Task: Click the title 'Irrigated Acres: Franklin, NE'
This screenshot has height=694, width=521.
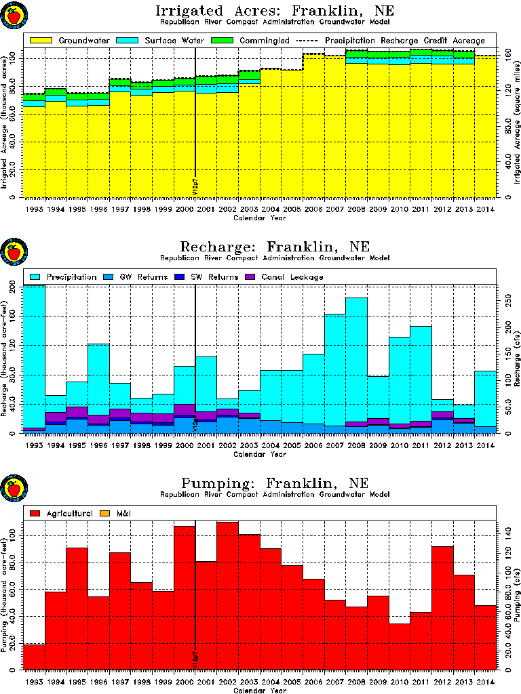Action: pyautogui.click(x=274, y=11)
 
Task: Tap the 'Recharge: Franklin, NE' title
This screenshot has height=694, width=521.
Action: pyautogui.click(x=274, y=247)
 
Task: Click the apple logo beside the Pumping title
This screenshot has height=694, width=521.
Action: pyautogui.click(x=13, y=487)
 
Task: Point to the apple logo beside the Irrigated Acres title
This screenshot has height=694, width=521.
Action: pyautogui.click(x=13, y=14)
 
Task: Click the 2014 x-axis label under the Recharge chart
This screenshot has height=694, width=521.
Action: pyautogui.click(x=485, y=445)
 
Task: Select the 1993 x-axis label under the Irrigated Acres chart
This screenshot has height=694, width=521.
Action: pyautogui.click(x=34, y=209)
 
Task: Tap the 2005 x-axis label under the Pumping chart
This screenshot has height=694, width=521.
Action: pyautogui.click(x=292, y=682)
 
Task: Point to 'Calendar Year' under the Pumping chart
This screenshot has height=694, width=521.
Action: pyautogui.click(x=260, y=691)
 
